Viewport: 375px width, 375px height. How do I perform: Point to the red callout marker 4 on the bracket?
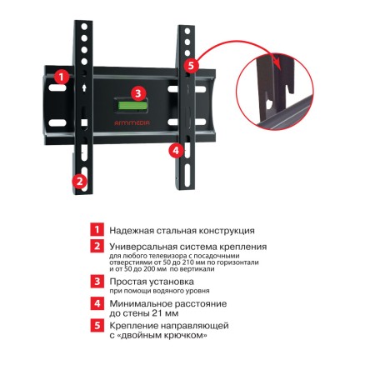coord(176,151)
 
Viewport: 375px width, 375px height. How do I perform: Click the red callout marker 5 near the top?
coord(191,65)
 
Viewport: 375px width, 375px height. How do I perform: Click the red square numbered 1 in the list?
coord(97,230)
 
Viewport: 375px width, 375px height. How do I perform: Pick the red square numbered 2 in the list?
coord(97,247)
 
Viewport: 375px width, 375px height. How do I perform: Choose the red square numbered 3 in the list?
coord(97,282)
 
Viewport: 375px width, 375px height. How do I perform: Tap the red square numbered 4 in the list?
coord(97,304)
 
